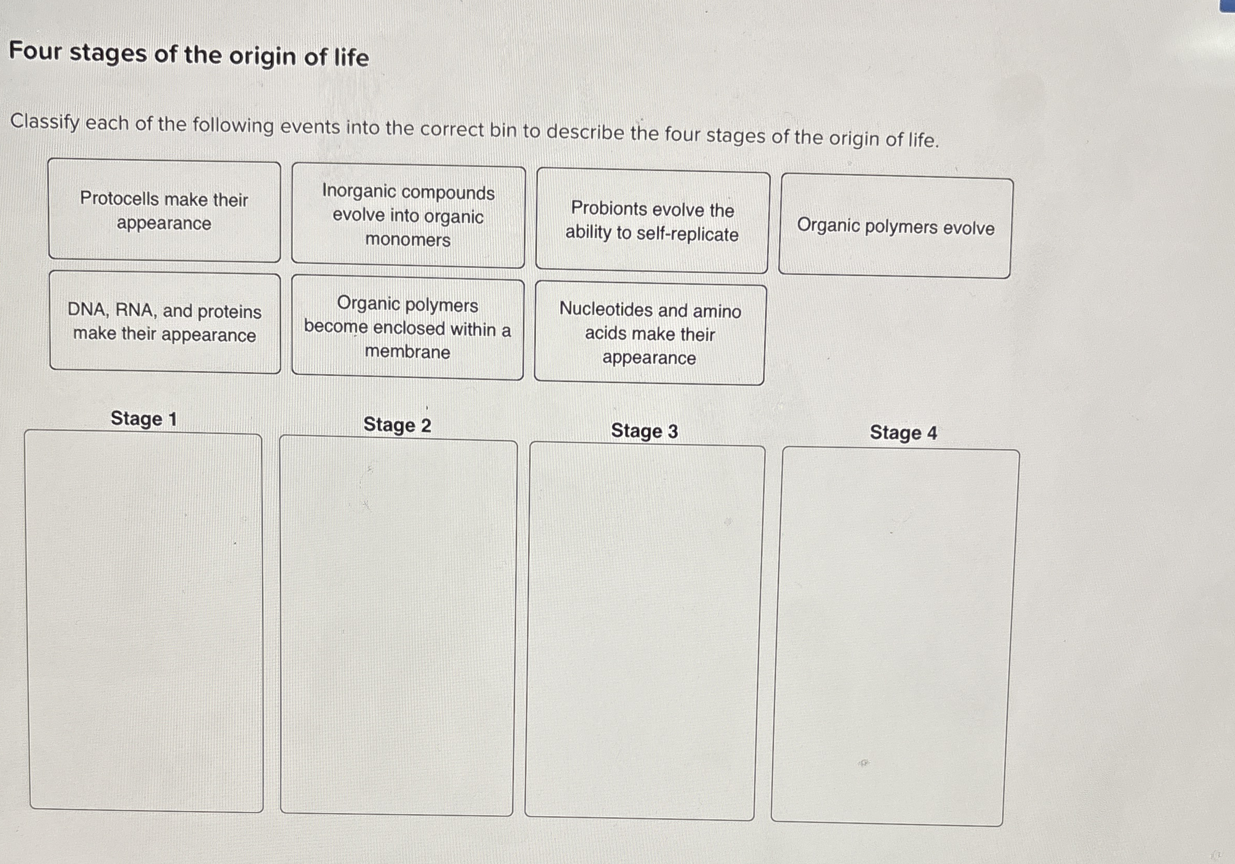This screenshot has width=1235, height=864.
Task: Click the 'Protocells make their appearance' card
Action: point(164,212)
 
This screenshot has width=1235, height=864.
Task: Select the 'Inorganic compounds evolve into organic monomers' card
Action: point(408,216)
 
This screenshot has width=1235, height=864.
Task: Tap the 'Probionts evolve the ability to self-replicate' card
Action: point(652,221)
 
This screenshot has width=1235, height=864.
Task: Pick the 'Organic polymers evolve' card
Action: point(896,227)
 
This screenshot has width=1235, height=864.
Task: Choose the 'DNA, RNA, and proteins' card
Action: point(165,322)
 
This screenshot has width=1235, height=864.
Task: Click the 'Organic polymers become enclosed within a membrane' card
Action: point(407,328)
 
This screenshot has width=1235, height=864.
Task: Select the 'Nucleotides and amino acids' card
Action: point(650,334)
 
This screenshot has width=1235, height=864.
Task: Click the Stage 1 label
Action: point(143,418)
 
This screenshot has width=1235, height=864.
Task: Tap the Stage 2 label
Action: point(397,425)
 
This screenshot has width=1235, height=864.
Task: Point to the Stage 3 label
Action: point(645,431)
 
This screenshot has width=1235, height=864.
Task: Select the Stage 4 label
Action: point(903,433)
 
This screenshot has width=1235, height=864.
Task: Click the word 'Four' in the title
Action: point(35,51)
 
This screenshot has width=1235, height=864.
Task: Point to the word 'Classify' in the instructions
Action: point(45,122)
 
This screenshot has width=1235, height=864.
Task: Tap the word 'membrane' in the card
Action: point(407,352)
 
